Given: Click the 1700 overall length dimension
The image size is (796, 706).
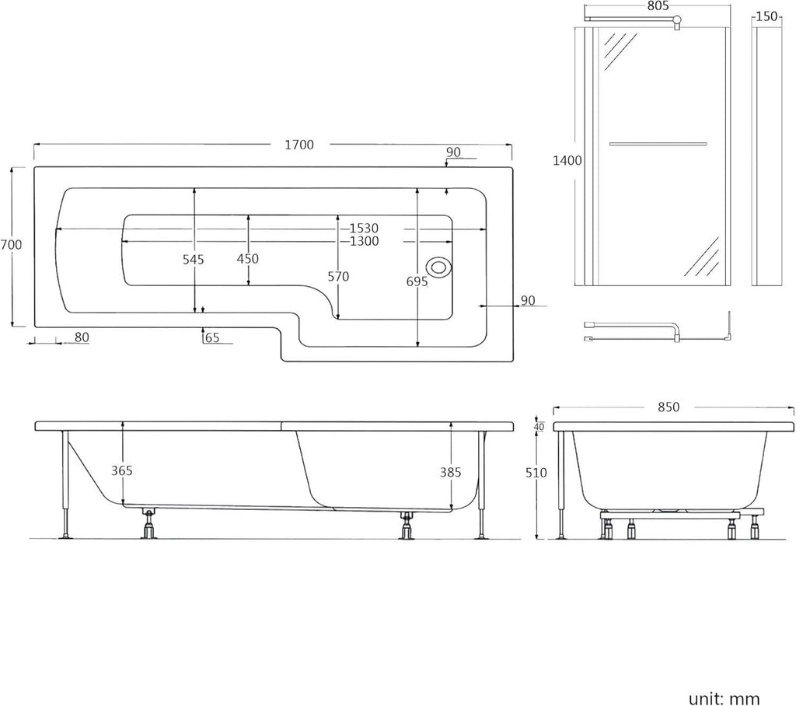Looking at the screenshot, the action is (299, 145).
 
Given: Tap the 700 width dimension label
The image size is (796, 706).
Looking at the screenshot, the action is (11, 245).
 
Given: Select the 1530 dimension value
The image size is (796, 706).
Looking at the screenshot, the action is (364, 229).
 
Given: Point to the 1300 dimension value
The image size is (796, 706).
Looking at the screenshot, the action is (364, 241).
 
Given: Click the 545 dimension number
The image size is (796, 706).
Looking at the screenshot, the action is (194, 260).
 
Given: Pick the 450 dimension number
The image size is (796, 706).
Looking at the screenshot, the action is (248, 259).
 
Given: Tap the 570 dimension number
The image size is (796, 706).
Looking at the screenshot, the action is (338, 277).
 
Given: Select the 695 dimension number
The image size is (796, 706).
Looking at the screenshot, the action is (417, 281).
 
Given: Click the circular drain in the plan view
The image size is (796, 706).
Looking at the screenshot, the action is (438, 267).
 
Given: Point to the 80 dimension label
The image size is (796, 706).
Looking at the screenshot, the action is (82, 337).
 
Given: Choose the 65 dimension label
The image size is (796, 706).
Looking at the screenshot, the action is (213, 337).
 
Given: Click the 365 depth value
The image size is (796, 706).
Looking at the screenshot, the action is (122, 471).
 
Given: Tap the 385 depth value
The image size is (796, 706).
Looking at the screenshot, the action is (450, 473).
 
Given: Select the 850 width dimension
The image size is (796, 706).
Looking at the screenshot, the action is (668, 407).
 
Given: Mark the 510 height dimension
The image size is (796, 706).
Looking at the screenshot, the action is (536, 473).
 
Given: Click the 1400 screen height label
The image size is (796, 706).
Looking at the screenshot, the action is (567, 160).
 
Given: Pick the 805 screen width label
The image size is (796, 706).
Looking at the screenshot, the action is (658, 5).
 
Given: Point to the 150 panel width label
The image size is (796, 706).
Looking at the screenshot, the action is (766, 17).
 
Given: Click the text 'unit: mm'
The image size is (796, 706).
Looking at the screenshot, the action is (724, 698).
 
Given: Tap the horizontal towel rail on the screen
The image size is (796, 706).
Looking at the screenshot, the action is (658, 145).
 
